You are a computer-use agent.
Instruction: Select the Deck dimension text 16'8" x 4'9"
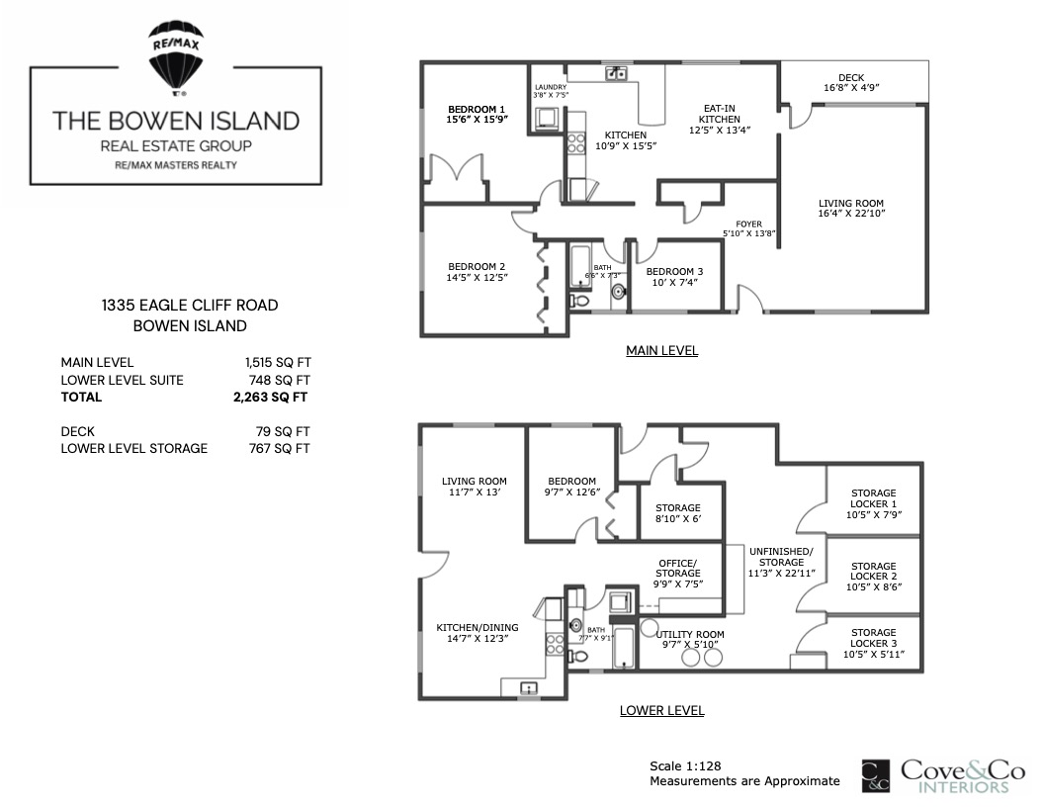(851, 88)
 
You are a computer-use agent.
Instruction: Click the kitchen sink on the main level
(616, 73)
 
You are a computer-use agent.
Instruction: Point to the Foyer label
(749, 224)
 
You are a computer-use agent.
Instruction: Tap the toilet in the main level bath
(579, 301)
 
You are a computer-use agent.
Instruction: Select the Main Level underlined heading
(661, 351)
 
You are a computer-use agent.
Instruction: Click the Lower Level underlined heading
(661, 710)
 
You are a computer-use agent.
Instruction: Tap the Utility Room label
(690, 635)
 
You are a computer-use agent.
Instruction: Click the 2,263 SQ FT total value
(270, 398)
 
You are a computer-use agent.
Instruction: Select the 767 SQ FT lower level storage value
(279, 449)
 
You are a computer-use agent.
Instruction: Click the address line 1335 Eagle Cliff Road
(190, 306)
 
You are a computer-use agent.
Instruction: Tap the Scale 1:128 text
(685, 766)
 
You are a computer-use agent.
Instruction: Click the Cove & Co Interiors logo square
(876, 775)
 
